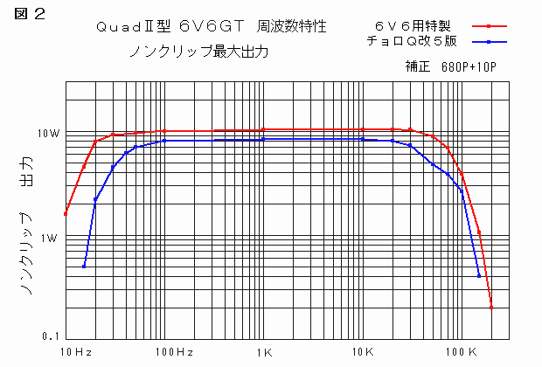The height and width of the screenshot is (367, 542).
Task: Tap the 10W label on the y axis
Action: (x=47, y=134)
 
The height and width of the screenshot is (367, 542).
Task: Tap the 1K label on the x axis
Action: (x=264, y=352)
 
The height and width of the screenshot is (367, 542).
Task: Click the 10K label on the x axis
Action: (x=363, y=352)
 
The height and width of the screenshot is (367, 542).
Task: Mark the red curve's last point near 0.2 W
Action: (x=491, y=307)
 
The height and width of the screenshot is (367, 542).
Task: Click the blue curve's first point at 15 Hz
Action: (x=84, y=267)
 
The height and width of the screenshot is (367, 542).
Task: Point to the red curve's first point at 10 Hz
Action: (x=66, y=214)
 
